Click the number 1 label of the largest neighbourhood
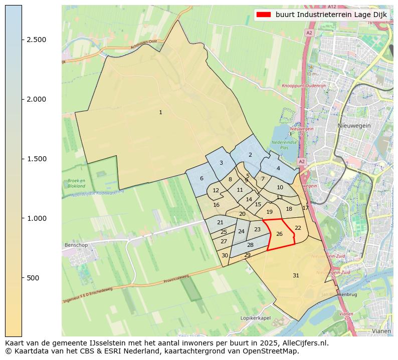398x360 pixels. (x=160, y=113)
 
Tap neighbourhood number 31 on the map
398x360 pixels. (x=296, y=276)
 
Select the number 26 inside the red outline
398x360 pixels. (x=279, y=234)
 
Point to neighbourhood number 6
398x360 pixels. (x=202, y=179)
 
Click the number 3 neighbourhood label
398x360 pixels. (x=221, y=163)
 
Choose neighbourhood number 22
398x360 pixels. (x=298, y=228)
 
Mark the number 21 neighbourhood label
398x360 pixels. (x=220, y=223)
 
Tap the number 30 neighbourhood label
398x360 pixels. (x=225, y=255)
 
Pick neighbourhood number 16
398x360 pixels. (x=217, y=205)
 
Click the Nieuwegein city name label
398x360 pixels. (x=354, y=126)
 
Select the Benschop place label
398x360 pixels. (x=76, y=245)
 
